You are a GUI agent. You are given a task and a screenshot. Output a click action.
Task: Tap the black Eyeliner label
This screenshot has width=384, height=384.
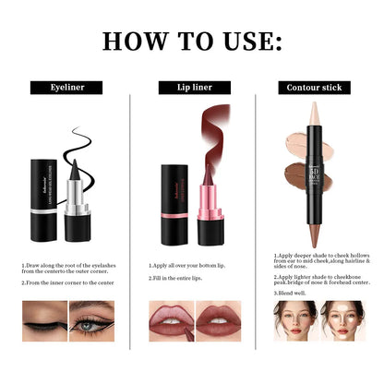[x=66, y=88]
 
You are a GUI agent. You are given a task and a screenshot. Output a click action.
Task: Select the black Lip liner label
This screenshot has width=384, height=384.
[x=191, y=88]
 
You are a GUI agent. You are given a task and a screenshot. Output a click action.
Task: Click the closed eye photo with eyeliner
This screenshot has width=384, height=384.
[x=43, y=320]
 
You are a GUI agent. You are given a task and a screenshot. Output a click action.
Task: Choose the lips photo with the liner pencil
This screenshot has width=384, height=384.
[x=169, y=320]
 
